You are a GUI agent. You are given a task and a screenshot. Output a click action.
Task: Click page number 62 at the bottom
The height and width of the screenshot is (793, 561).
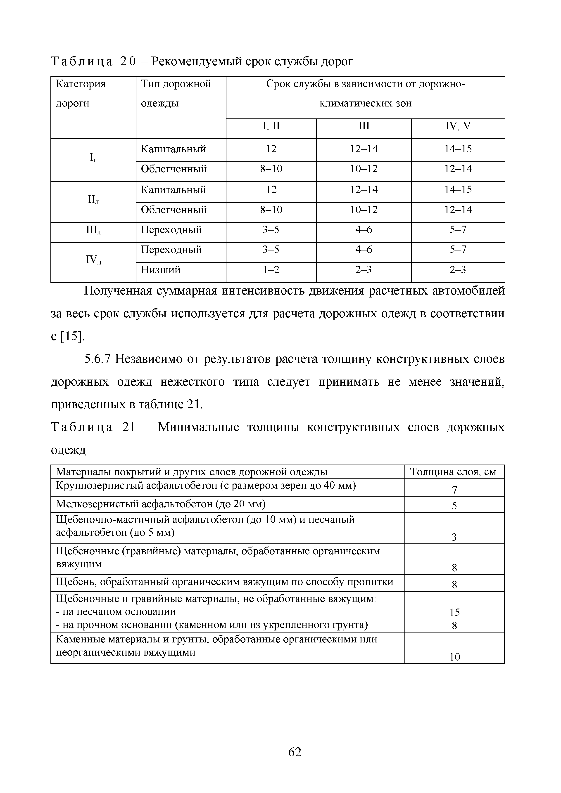tap(295, 752)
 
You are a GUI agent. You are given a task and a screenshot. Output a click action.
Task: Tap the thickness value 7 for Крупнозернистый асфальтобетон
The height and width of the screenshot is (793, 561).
tap(454, 490)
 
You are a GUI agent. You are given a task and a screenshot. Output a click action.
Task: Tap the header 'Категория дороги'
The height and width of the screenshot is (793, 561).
tap(81, 94)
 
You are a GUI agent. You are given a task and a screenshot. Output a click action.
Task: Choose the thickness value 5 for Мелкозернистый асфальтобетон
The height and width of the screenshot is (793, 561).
tap(454, 506)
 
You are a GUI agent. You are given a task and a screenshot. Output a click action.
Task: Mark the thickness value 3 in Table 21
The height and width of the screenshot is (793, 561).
tap(454, 537)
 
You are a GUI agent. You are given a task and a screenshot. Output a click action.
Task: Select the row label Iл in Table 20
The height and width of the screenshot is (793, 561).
tap(93, 158)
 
